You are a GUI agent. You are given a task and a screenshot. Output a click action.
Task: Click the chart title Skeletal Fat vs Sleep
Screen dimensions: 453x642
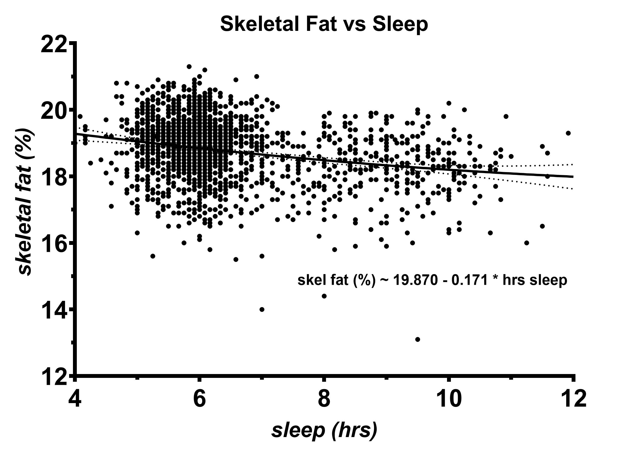point(324,24)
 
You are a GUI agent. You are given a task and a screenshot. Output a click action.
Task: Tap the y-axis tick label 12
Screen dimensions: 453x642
point(54,377)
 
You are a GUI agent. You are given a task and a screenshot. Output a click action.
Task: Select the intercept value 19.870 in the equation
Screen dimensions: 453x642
point(415,280)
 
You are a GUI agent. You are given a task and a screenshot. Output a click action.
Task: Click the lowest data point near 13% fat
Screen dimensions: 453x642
point(418,339)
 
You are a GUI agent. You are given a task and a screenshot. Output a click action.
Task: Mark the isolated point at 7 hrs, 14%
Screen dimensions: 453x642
point(262,309)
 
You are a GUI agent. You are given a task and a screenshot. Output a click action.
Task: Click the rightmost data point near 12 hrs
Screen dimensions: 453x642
point(568,133)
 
